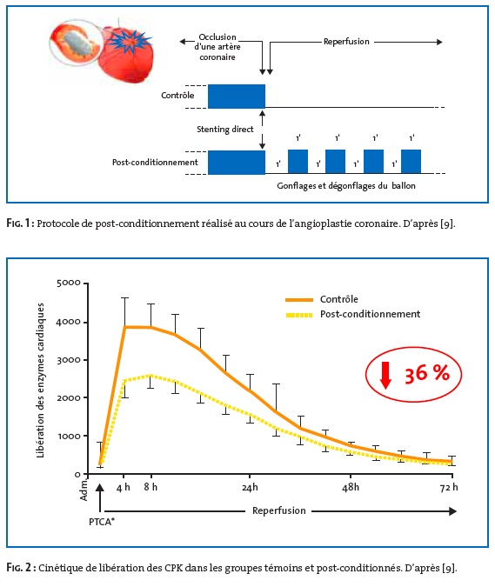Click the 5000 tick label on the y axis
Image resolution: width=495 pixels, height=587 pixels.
(x=69, y=283)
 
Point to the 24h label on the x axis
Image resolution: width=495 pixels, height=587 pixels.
(x=250, y=487)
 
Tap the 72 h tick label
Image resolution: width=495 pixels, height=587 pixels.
(x=449, y=487)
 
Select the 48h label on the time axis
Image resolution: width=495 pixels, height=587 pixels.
(x=351, y=487)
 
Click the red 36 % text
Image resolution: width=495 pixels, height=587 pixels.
(x=427, y=374)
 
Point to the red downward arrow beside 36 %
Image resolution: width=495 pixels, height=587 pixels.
(x=385, y=375)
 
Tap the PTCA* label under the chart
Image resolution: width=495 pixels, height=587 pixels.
(x=102, y=522)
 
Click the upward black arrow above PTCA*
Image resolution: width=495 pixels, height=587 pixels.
(x=100, y=498)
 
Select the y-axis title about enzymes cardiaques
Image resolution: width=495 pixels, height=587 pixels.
(x=40, y=380)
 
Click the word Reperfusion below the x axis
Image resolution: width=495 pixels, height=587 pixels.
(x=279, y=510)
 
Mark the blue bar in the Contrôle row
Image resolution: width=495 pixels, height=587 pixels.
(x=237, y=97)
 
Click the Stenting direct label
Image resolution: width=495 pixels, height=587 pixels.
(x=225, y=130)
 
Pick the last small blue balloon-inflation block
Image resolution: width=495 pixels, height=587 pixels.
(x=411, y=162)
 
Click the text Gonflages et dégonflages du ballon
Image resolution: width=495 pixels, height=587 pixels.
(x=346, y=186)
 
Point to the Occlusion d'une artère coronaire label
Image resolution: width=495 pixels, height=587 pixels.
(x=217, y=47)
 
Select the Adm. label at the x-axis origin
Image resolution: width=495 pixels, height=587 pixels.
(x=84, y=490)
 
